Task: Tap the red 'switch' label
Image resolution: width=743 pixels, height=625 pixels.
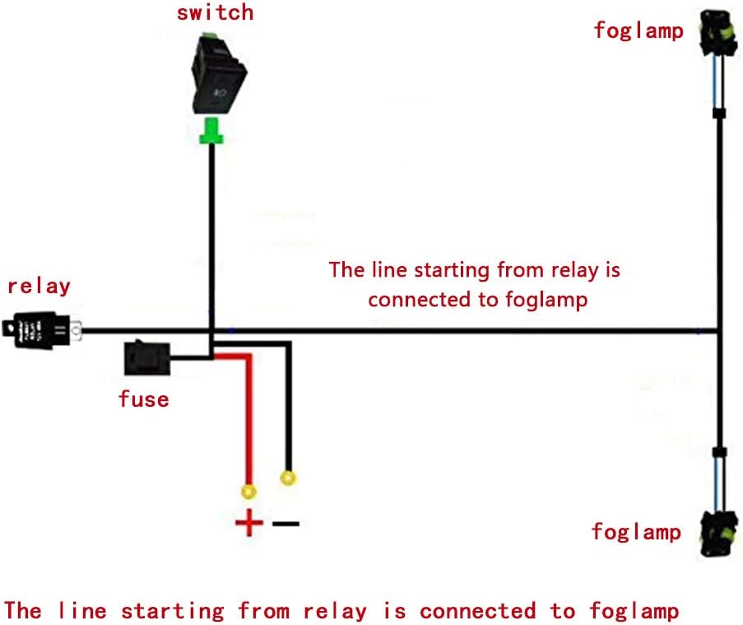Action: [214, 13]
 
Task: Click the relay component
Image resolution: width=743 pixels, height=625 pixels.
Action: [41, 330]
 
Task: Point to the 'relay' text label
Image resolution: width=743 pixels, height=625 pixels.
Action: [39, 287]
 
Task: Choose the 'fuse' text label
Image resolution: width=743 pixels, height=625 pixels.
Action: [143, 399]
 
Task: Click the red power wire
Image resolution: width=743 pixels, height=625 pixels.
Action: [246, 412]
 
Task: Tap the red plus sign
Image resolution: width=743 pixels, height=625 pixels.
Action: [248, 523]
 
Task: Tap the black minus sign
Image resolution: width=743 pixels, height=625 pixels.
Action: [286, 523]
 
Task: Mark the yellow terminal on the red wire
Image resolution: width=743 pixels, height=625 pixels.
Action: [247, 492]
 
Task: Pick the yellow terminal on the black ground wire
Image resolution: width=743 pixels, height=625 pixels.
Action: [288, 477]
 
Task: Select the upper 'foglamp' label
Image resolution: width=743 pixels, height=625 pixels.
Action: [639, 31]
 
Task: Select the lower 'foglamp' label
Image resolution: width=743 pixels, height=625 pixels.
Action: [636, 532]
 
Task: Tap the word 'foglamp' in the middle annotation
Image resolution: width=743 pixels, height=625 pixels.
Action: [547, 299]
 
